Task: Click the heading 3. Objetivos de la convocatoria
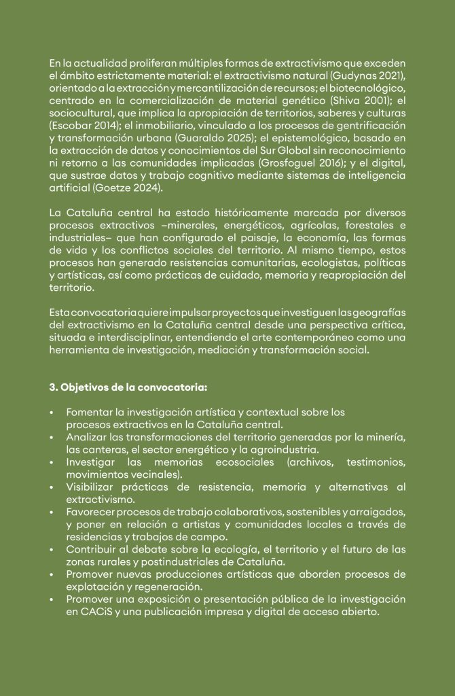pos(128,388)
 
